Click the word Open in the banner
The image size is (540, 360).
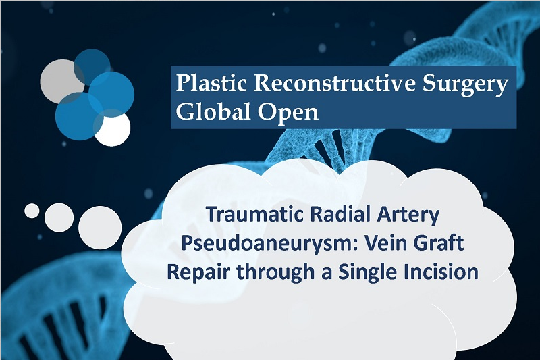[x=288, y=113]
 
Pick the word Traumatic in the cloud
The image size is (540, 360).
[x=255, y=214]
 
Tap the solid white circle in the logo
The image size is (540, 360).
[x=112, y=128]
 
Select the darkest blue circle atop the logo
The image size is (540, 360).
[x=92, y=67]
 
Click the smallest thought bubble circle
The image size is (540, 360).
[x=32, y=211]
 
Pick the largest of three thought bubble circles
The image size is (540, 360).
[x=100, y=228]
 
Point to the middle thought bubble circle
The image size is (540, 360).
[x=59, y=217]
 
